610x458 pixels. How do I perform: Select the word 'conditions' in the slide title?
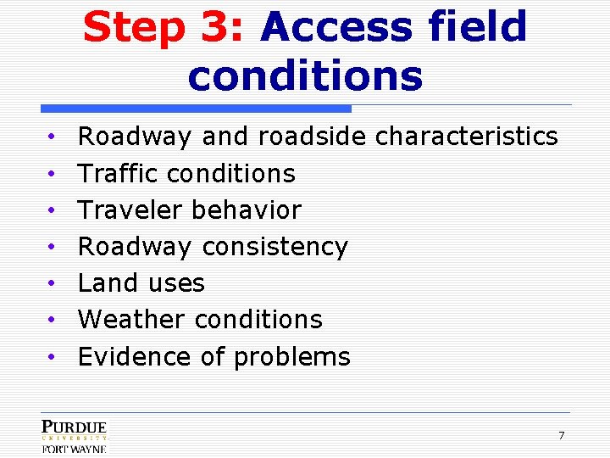(x=305, y=75)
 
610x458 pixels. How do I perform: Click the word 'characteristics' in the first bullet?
(x=466, y=136)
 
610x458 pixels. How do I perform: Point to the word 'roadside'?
(x=313, y=136)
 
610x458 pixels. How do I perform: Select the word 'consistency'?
(x=274, y=247)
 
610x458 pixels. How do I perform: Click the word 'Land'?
(x=106, y=282)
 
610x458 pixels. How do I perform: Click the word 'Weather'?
(x=131, y=320)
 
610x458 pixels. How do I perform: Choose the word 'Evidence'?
(x=135, y=356)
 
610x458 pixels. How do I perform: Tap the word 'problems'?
(x=291, y=357)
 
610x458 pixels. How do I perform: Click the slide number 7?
(x=561, y=436)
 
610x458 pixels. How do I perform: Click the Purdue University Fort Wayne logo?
(x=75, y=436)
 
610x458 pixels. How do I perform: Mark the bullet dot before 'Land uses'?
(x=51, y=283)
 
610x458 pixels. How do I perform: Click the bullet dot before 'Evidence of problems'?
(x=51, y=357)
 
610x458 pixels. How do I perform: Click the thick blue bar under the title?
(x=196, y=109)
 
